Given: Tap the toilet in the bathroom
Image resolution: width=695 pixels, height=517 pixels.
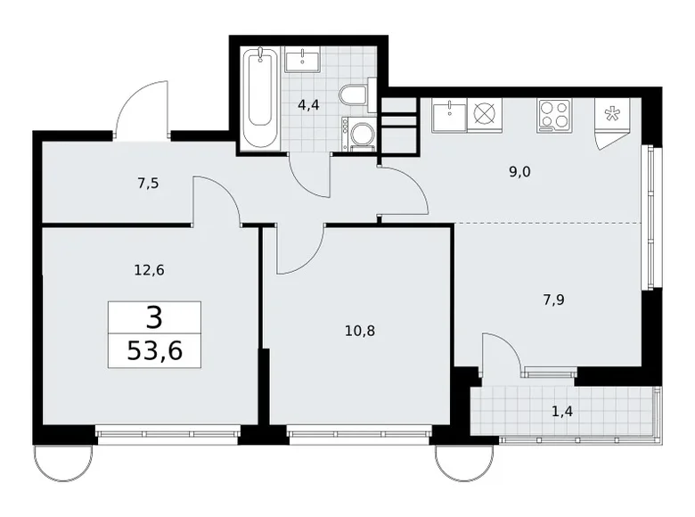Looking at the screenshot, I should tap(353, 94).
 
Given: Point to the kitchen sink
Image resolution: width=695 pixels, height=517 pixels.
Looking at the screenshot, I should tap(449, 113).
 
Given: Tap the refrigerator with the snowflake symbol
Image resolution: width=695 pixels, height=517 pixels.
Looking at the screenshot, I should tap(612, 115).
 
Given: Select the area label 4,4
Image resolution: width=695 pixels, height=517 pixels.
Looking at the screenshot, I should tap(308, 104).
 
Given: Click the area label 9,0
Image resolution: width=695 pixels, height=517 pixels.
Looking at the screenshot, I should tap(519, 172).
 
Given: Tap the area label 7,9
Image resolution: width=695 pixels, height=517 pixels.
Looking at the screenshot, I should tap(552, 300).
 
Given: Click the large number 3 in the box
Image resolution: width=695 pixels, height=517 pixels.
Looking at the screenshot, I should tap(154, 316).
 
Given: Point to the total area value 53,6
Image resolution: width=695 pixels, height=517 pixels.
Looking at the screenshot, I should tap(154, 350).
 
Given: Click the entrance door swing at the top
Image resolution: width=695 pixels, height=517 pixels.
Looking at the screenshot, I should tap(142, 111).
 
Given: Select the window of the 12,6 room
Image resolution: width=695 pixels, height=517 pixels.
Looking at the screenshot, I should tap(168, 436).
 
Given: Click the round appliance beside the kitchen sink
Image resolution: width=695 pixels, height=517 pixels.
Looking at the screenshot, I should tap(486, 113).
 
